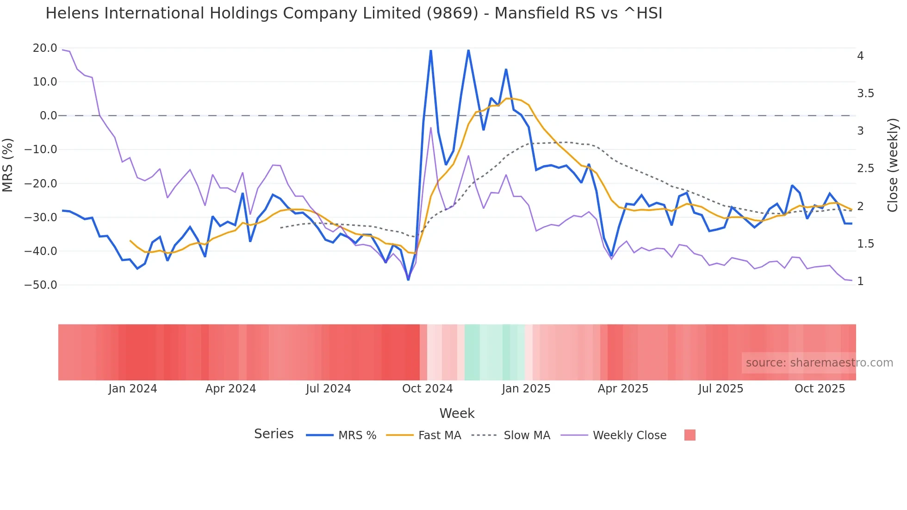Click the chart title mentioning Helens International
click(354, 13)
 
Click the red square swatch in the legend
click(690, 435)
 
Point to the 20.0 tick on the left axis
click(45, 48)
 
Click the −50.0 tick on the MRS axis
click(41, 285)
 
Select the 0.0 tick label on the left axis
click(48, 116)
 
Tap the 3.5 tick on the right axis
click(865, 93)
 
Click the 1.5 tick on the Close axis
click(865, 244)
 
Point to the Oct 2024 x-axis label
click(427, 389)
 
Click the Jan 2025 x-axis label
click(526, 389)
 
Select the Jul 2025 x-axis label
click(721, 389)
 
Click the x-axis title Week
click(457, 413)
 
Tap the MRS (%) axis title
click(8, 165)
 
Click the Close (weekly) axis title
click(893, 165)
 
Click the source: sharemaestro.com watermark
click(819, 363)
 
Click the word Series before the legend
click(273, 434)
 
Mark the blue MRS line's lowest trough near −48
click(408, 280)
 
